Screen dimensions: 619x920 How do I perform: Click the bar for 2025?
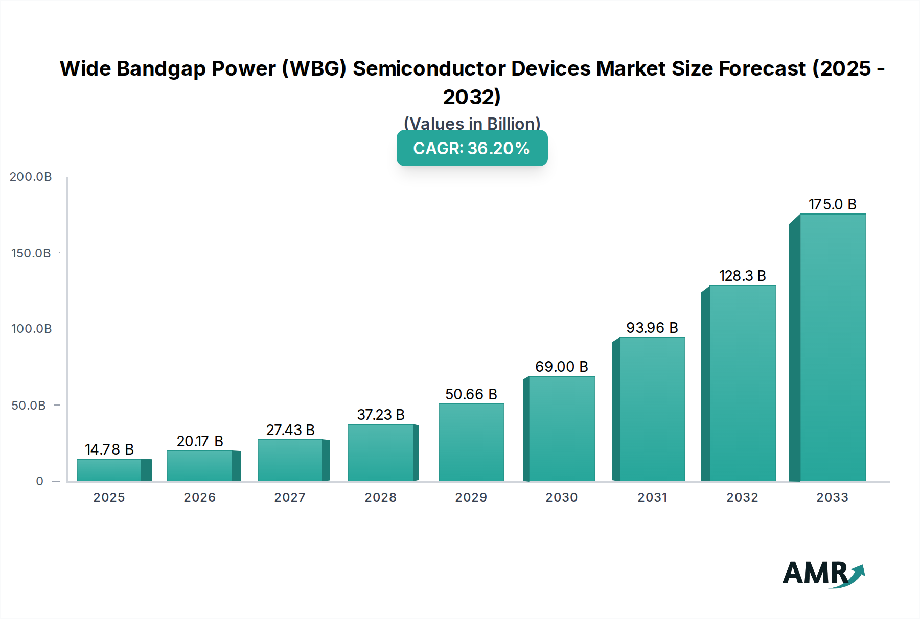click(x=109, y=470)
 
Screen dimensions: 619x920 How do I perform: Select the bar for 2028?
click(x=380, y=453)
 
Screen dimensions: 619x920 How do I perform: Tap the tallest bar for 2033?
click(x=833, y=347)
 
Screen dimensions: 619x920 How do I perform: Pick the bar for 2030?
click(x=562, y=429)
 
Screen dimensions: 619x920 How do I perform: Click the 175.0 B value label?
click(x=832, y=204)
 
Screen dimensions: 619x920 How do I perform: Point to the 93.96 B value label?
click(x=652, y=328)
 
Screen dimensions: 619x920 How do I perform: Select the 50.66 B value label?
click(x=471, y=394)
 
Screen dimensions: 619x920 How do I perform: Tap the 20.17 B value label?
click(x=200, y=441)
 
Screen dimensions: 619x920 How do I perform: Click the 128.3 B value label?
click(x=742, y=276)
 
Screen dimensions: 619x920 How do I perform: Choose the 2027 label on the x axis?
click(x=290, y=497)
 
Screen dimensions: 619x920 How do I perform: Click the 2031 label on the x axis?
click(x=652, y=497)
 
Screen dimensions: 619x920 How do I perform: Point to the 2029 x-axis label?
click(x=471, y=497)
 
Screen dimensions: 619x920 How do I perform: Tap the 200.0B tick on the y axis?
click(x=31, y=177)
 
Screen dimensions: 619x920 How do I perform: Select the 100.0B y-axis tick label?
click(x=31, y=329)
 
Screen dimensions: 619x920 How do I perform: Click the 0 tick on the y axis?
click(x=40, y=481)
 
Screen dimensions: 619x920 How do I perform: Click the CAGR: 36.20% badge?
click(x=472, y=148)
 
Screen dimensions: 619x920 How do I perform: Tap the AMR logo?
click(x=823, y=574)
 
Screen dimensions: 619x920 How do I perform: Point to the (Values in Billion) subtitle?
click(x=472, y=124)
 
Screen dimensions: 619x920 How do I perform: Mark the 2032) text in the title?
click(x=472, y=97)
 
